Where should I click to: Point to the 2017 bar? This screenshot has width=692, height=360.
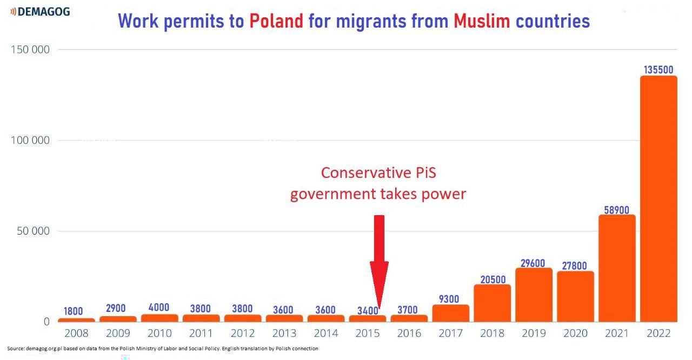(x=451, y=313)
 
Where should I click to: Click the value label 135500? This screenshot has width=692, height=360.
(x=658, y=70)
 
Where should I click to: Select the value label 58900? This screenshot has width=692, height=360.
(x=617, y=210)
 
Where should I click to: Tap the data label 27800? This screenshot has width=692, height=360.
(x=575, y=265)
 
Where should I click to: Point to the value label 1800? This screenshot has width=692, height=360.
(x=74, y=311)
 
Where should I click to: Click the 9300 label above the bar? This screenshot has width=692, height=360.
(x=451, y=299)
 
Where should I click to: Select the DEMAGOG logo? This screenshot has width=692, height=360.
(x=40, y=11)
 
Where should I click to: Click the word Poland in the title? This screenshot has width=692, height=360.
(x=276, y=21)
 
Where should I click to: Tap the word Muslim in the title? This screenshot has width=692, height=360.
(x=482, y=21)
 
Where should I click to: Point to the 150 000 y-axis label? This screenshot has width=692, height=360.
(x=30, y=50)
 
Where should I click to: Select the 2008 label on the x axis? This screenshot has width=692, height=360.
(x=76, y=333)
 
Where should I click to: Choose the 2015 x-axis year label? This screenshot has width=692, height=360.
(x=368, y=333)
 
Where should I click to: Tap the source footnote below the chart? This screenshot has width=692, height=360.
(x=163, y=349)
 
